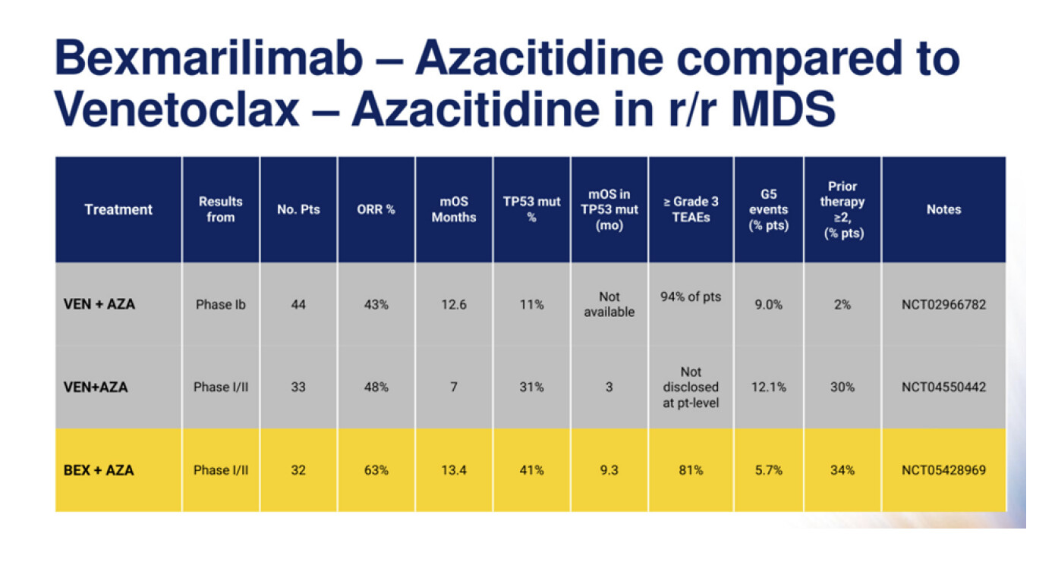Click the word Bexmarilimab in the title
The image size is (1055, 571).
click(x=209, y=58)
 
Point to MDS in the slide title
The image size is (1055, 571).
click(x=783, y=109)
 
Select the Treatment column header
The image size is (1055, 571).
click(x=118, y=209)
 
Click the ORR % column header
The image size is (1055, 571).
click(x=376, y=209)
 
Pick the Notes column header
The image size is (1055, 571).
click(x=944, y=209)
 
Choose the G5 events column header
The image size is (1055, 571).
click(x=769, y=209)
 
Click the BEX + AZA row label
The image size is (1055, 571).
click(x=99, y=470)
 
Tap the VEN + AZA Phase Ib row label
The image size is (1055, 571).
click(x=99, y=304)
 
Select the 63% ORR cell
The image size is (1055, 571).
click(x=376, y=470)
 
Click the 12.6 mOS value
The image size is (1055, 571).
click(x=454, y=305)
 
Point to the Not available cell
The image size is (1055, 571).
click(x=609, y=304)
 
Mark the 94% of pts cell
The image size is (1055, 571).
click(x=691, y=297)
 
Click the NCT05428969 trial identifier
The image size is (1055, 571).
click(x=943, y=470)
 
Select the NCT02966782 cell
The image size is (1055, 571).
click(x=943, y=305)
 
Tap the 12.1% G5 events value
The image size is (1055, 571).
click(x=769, y=387)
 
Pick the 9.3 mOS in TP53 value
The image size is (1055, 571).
click(x=609, y=470)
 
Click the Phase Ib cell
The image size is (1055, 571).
click(x=220, y=305)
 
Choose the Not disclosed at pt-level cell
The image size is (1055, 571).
click(x=691, y=387)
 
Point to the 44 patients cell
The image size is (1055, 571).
click(x=298, y=305)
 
